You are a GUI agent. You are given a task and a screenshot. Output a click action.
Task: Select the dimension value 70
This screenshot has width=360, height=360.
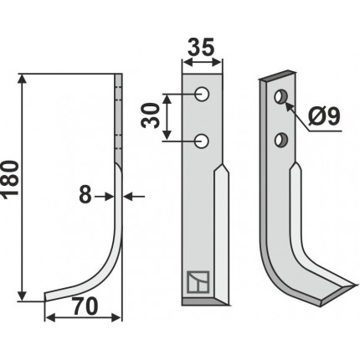coord(85,306)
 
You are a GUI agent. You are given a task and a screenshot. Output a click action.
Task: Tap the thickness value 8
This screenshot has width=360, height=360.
coord(85,196)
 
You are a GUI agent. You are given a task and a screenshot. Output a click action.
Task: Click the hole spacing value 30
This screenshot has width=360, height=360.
coord(150,116)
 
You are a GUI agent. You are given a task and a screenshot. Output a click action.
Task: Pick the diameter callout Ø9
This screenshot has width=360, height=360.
coord(324,116)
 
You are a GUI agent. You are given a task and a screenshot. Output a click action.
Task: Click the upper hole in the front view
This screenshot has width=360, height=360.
coord(203,95)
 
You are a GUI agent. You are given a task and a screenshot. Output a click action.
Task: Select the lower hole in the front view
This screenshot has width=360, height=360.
coord(202,141)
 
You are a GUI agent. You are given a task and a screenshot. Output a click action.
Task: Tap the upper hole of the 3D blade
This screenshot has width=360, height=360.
coord(280,96)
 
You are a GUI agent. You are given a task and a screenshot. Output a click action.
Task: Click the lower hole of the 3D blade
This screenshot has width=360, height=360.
coord(280,140)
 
